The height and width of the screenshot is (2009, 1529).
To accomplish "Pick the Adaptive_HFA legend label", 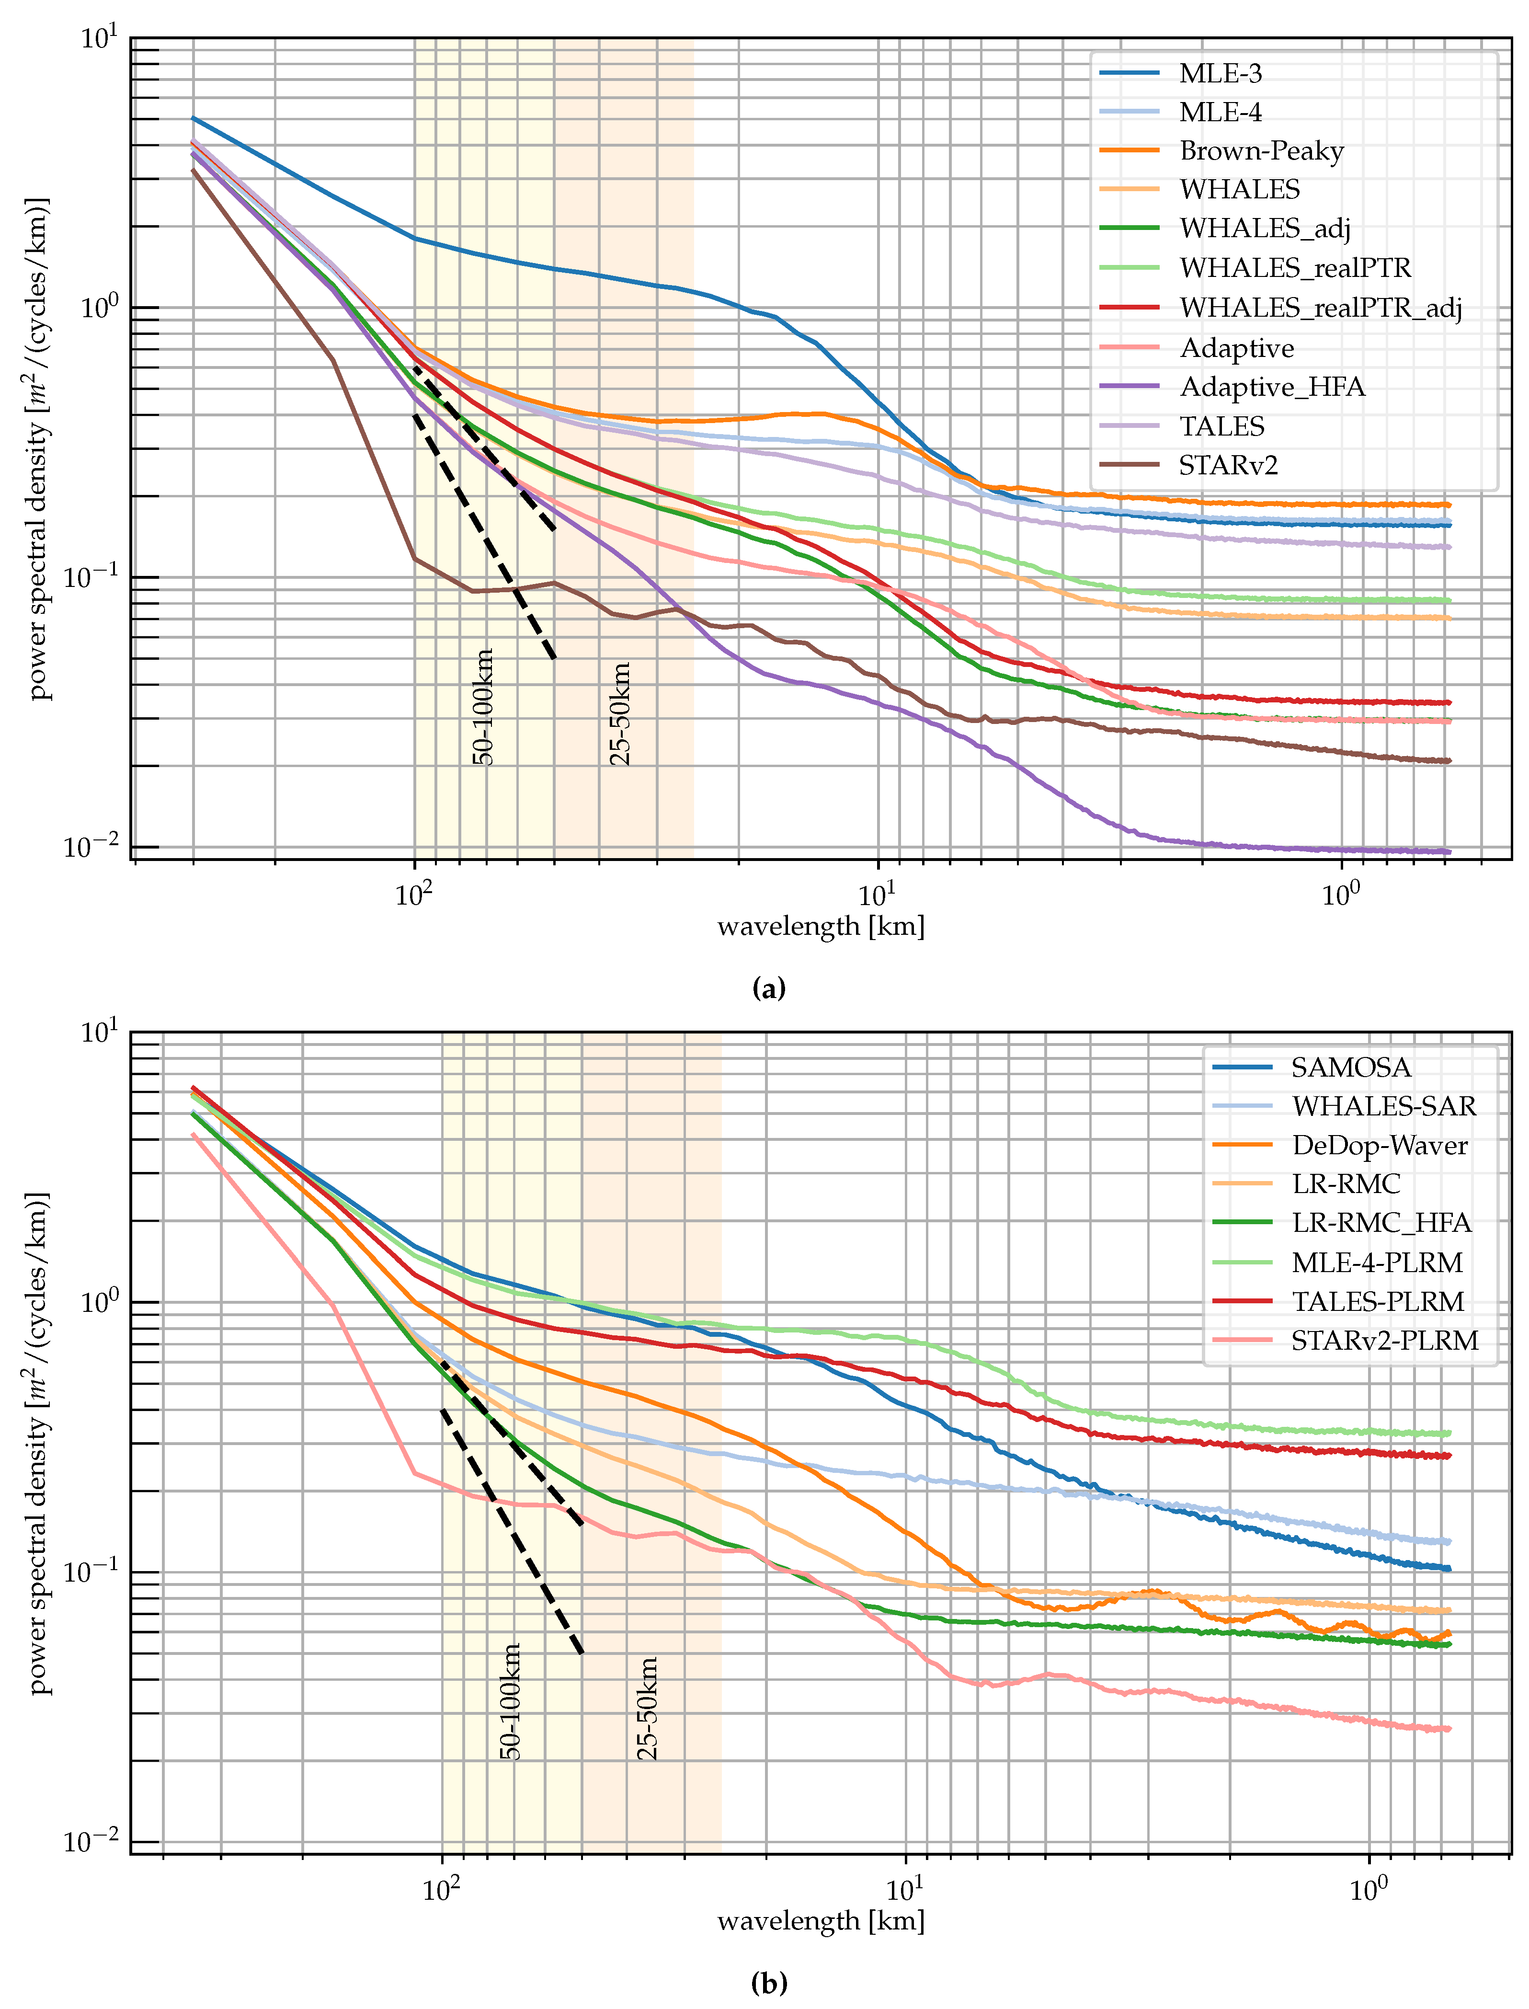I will (x=1271, y=387).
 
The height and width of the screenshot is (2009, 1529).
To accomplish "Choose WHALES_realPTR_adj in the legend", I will (x=1320, y=308).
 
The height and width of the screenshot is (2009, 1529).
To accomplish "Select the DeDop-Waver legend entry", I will (x=1379, y=1145).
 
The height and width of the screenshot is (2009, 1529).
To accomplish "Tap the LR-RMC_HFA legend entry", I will (x=1381, y=1223).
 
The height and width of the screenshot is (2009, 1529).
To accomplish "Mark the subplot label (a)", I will (x=769, y=987).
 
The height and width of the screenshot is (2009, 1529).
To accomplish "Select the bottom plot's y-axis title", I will (x=38, y=1443).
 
